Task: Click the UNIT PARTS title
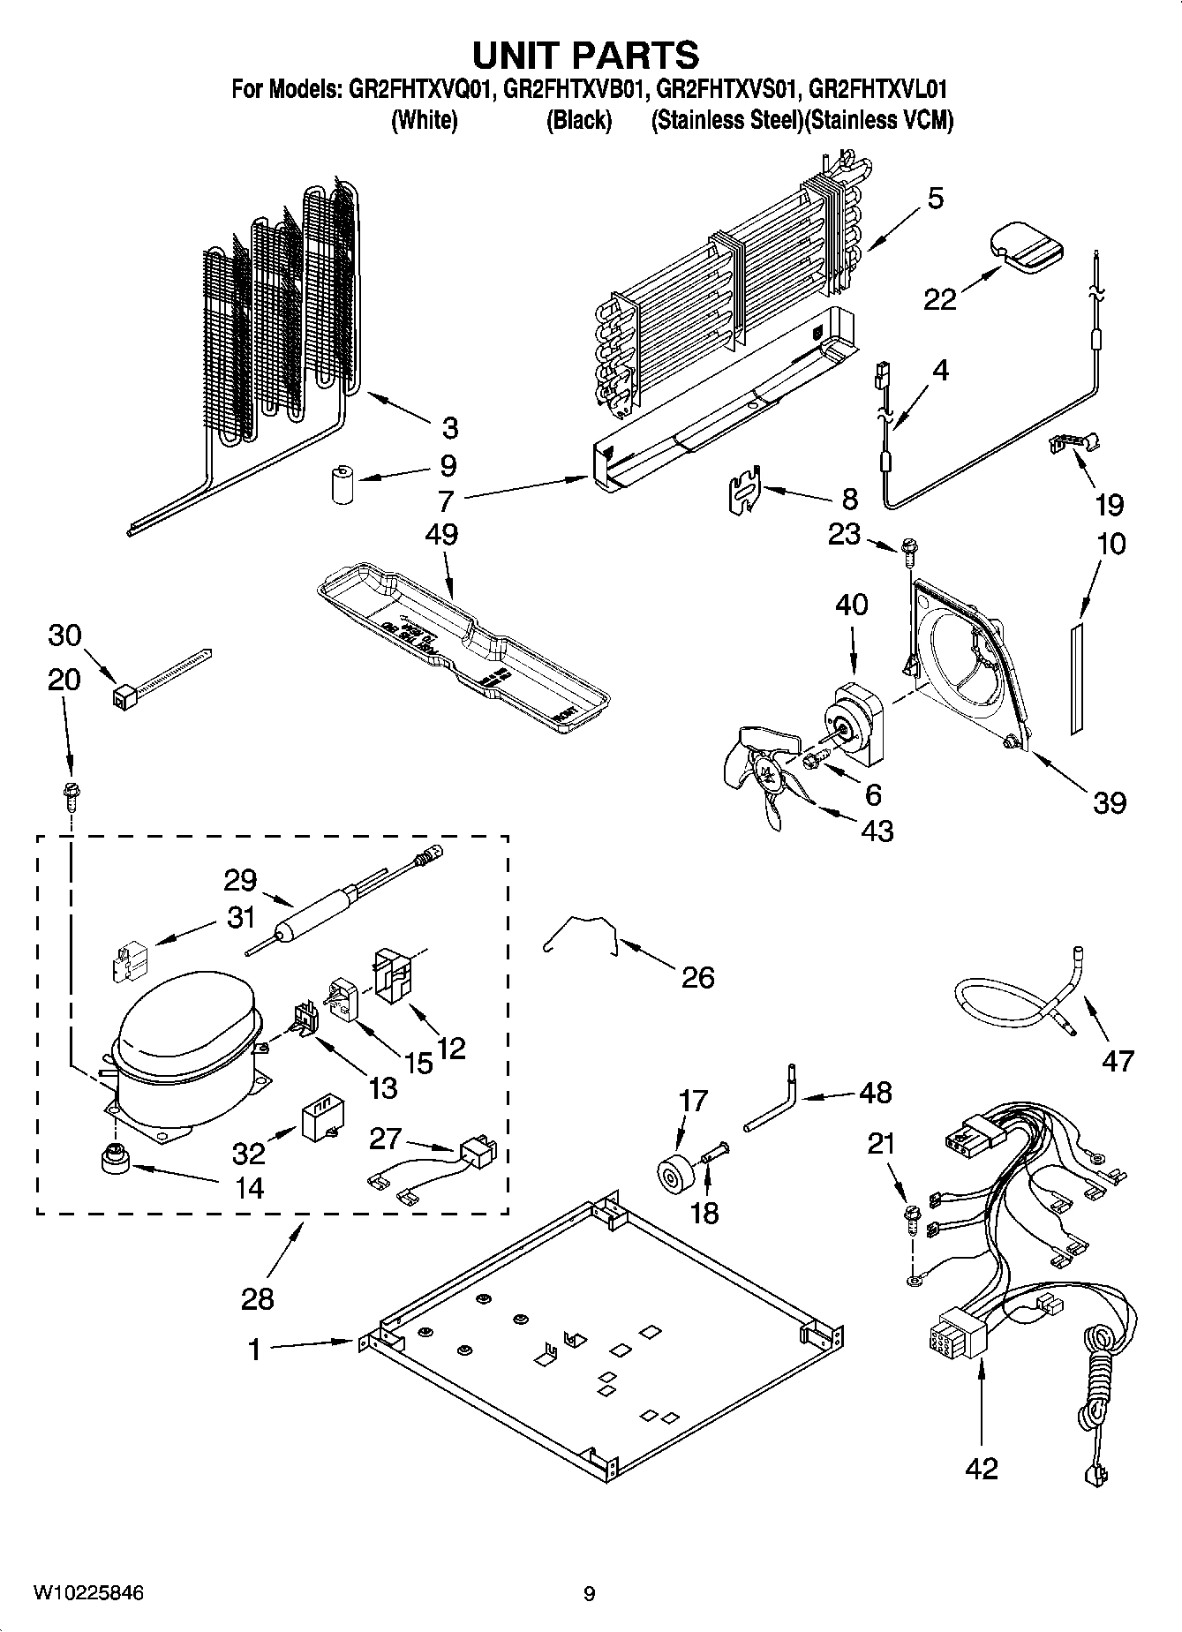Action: [x=586, y=55]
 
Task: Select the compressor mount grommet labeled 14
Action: [x=114, y=1157]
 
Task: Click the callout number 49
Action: [x=441, y=535]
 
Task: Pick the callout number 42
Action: [x=982, y=1469]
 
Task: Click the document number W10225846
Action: [x=88, y=1593]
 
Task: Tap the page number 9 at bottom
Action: [x=590, y=1594]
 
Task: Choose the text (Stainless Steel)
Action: [x=724, y=121]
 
